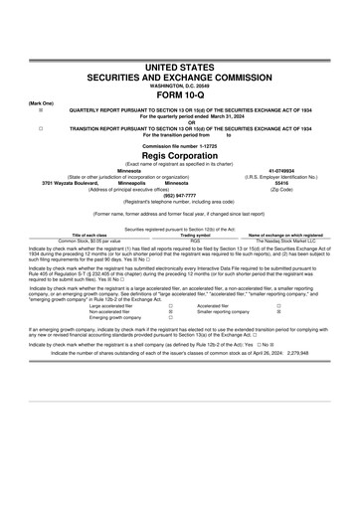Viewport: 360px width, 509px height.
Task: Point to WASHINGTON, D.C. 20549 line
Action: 180,85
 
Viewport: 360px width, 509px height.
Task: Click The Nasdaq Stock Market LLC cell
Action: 281,240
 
